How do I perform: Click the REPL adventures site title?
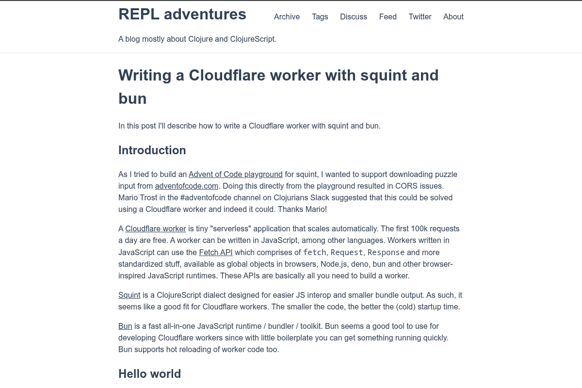182,15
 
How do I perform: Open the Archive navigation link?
287,16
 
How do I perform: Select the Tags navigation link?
320,16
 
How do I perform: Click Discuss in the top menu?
354,16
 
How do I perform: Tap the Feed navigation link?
388,16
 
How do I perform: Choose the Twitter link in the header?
420,16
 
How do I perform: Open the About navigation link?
453,16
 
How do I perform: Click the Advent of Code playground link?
235,174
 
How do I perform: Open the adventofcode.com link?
187,186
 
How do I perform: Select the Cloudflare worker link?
156,228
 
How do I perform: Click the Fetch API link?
216,252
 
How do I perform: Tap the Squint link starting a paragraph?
129,295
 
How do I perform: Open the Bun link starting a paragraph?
125,326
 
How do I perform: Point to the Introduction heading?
152,150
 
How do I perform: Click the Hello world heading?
149,374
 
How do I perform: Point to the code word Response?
386,252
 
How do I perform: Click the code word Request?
347,252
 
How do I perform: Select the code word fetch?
315,252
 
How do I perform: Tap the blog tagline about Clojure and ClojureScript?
197,39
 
